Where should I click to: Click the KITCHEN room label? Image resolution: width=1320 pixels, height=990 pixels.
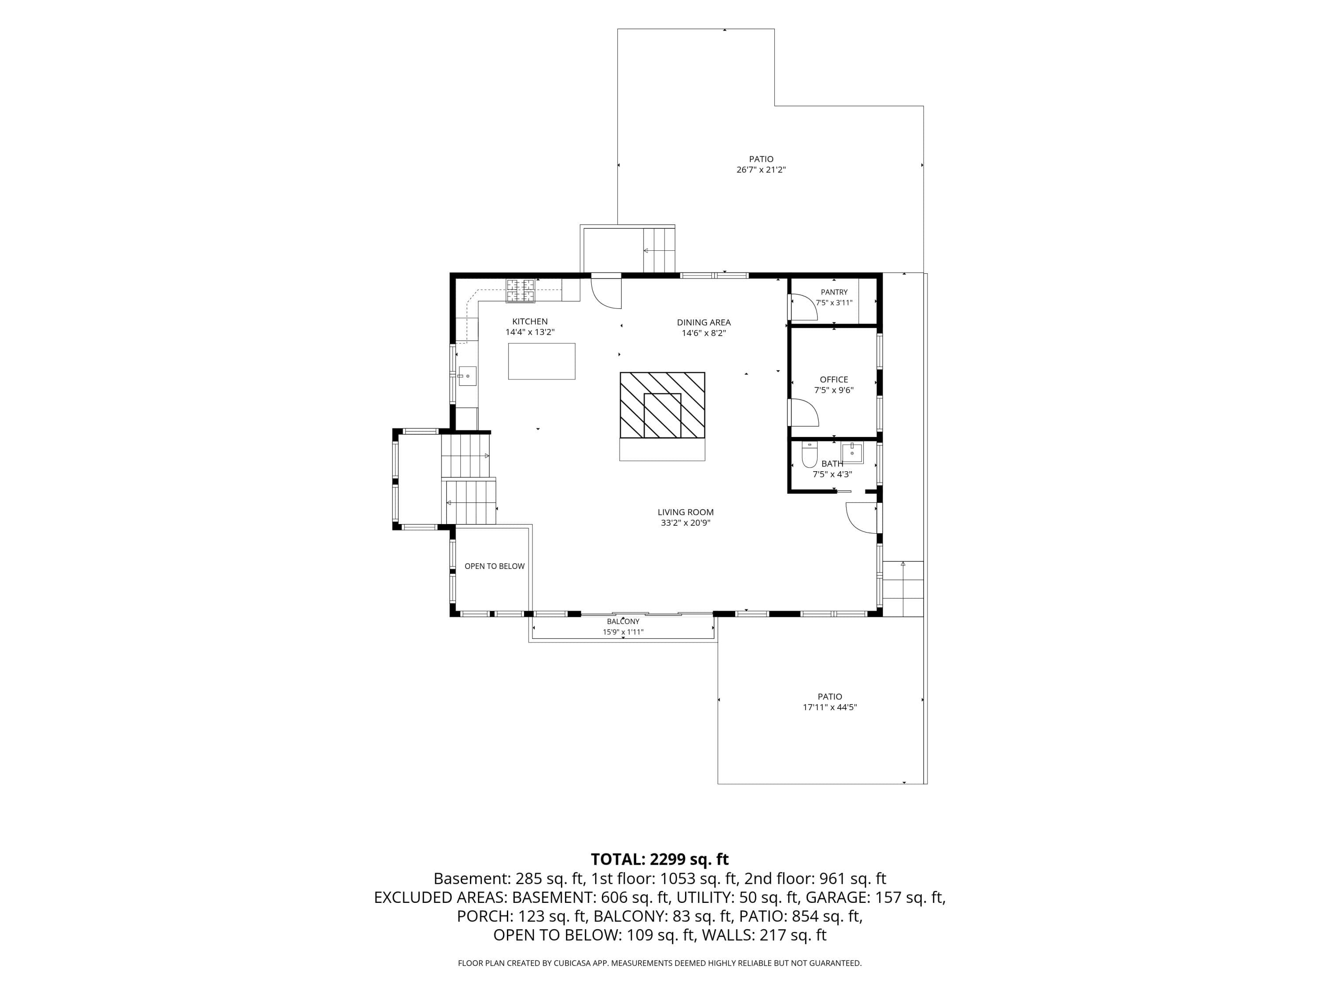pyautogui.click(x=530, y=322)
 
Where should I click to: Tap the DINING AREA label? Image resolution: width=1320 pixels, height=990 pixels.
pyautogui.click(x=704, y=322)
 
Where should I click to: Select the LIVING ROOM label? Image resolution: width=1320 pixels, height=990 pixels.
pyautogui.click(x=686, y=512)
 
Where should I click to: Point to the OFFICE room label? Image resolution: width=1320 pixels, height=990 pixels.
pyautogui.click(x=834, y=380)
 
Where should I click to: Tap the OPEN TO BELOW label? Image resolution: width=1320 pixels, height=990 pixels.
pyautogui.click(x=495, y=566)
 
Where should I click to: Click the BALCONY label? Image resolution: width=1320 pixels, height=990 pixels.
pyautogui.click(x=623, y=622)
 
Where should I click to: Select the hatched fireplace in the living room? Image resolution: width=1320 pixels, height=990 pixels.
pyautogui.click(x=662, y=405)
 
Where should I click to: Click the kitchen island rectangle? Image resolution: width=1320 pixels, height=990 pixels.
pyautogui.click(x=542, y=361)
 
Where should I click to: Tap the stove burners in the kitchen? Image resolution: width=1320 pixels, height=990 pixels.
pyautogui.click(x=521, y=290)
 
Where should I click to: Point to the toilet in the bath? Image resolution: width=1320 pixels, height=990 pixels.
pyautogui.click(x=809, y=454)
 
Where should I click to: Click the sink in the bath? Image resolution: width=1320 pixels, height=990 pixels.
pyautogui.click(x=852, y=453)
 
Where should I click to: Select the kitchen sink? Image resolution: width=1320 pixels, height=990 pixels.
pyautogui.click(x=467, y=376)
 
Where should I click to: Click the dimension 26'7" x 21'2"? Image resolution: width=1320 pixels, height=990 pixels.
pyautogui.click(x=761, y=169)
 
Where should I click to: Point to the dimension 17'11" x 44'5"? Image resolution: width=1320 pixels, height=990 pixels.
pyautogui.click(x=829, y=707)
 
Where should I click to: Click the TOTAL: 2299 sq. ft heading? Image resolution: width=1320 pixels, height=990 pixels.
pyautogui.click(x=660, y=859)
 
